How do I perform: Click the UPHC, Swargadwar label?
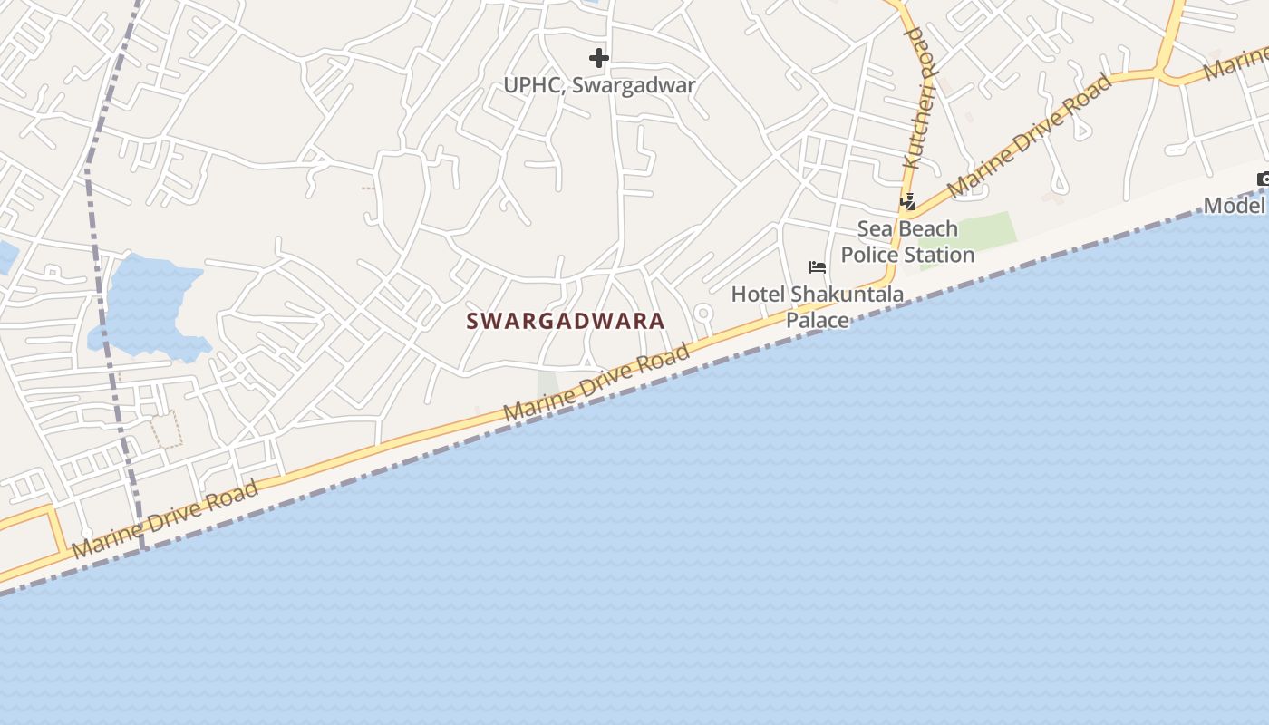(599, 86)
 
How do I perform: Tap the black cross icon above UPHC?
(599, 58)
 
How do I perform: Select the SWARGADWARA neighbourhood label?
(566, 321)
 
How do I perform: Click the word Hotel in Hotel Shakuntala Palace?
(758, 295)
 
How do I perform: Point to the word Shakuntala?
(847, 295)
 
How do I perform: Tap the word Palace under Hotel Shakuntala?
(817, 320)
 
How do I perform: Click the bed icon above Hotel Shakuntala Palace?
(817, 267)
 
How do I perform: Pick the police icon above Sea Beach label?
(907, 202)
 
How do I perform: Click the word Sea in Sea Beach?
(874, 229)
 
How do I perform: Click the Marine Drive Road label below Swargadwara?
(596, 384)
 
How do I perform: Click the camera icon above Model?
(1263, 179)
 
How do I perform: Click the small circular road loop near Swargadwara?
(702, 314)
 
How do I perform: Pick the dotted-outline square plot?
(165, 430)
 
